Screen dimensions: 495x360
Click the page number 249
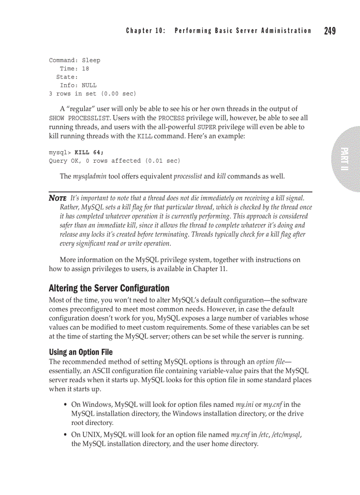click(330, 31)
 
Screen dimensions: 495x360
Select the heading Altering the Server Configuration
click(109, 288)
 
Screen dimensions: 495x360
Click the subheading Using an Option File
click(80, 352)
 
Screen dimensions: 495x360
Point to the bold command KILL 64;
click(89, 153)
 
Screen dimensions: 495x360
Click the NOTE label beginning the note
click(58, 198)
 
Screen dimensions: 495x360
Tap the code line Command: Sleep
click(75, 60)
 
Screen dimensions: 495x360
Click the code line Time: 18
click(74, 69)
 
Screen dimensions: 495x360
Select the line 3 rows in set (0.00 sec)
click(92, 94)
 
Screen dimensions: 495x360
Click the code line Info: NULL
click(78, 86)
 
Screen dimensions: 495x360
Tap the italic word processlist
click(187, 176)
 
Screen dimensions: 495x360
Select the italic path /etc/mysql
click(286, 435)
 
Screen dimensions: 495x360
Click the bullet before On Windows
click(65, 405)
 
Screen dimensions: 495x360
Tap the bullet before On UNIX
click(65, 435)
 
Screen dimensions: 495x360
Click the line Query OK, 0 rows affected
click(114, 161)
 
